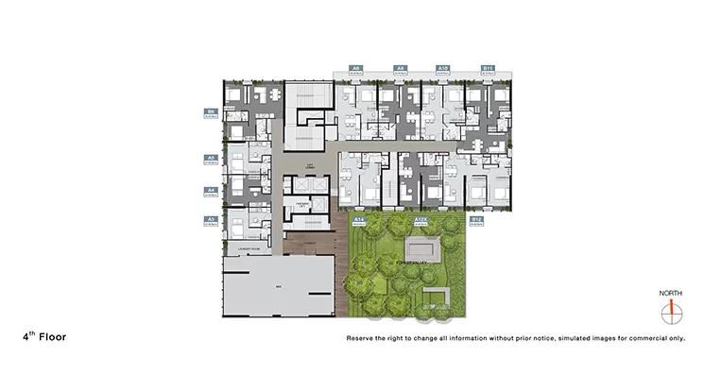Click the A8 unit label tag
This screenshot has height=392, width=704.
click(x=355, y=69)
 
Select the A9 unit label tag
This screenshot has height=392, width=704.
click(x=401, y=69)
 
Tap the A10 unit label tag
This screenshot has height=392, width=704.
click(x=442, y=69)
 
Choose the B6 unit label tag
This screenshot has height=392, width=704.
click(x=213, y=112)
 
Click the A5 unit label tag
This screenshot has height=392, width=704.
click(x=213, y=160)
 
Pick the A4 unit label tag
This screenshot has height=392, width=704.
click(x=213, y=191)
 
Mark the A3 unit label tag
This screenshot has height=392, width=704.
click(x=213, y=221)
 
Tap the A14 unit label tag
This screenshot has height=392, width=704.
click(x=360, y=221)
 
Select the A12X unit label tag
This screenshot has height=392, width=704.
click(x=421, y=221)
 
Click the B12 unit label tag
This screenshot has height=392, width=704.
click(x=477, y=221)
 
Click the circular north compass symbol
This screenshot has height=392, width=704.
click(x=671, y=311)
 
